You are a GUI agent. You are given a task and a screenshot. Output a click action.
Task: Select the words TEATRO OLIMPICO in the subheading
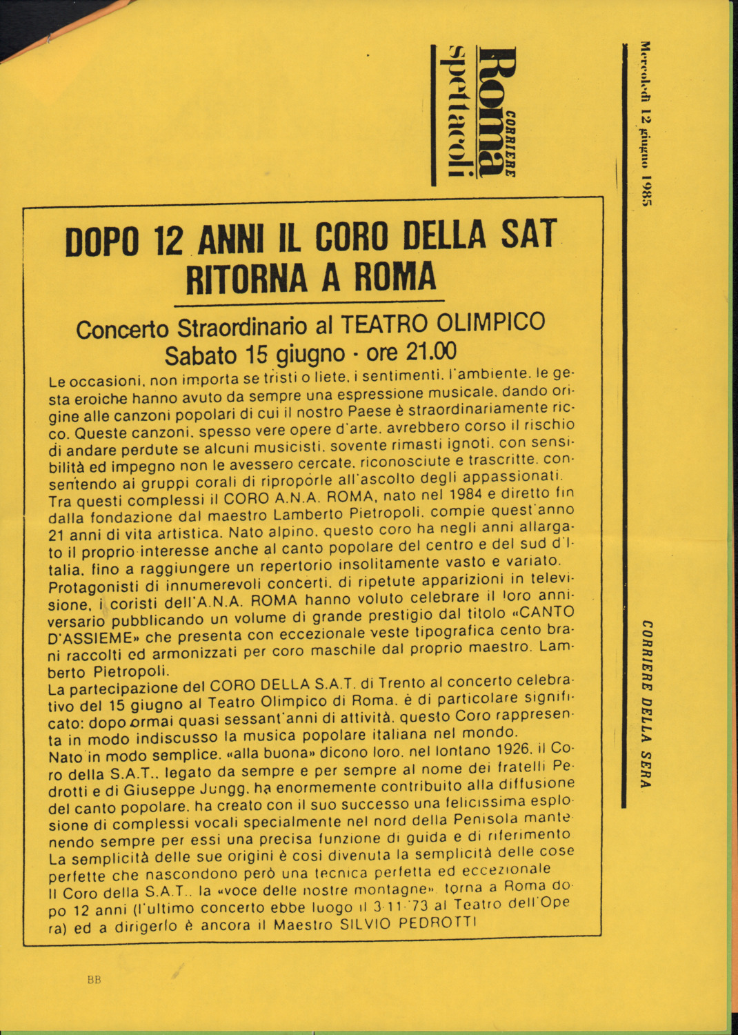tap(443, 323)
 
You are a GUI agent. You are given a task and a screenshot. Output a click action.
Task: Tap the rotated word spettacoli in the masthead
tap(458, 110)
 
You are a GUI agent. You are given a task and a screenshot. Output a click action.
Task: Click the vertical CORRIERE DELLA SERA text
tap(646, 704)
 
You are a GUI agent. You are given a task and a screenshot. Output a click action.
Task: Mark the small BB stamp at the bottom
tap(94, 979)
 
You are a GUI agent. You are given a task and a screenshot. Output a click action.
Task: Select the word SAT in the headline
tap(528, 234)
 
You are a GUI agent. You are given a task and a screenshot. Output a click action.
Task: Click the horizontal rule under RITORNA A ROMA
tap(309, 302)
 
